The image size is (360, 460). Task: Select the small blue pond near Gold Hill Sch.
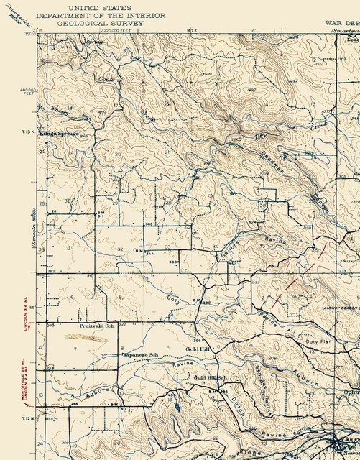click(176, 408)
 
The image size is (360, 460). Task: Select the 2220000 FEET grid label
click(119, 31)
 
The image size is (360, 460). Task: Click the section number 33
click(167, 247)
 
